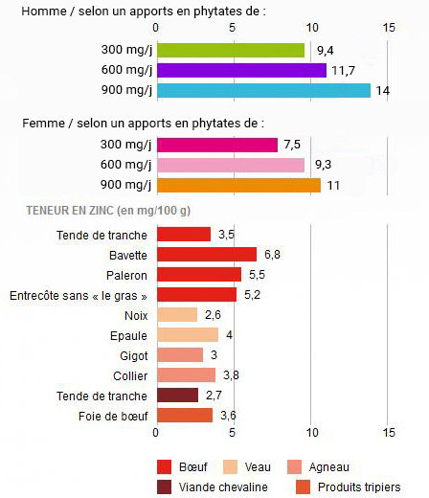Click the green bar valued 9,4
click(230, 50)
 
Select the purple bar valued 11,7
click(241, 70)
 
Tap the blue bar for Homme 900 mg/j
click(263, 90)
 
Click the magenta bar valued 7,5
click(216, 145)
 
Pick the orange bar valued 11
click(238, 185)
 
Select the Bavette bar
click(206, 254)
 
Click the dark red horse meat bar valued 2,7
click(177, 395)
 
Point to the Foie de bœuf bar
click(184, 415)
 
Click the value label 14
click(381, 91)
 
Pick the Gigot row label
click(133, 354)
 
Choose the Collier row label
click(130, 374)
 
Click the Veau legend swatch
click(230, 467)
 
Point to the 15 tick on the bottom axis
click(388, 432)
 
